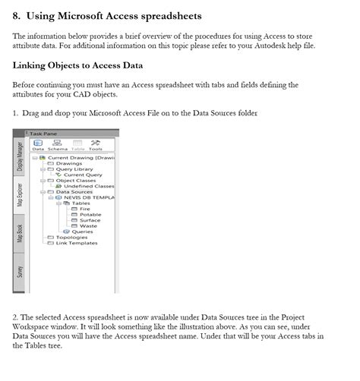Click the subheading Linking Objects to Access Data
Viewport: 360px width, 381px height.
point(78,65)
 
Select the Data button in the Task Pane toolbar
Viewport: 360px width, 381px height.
point(37,146)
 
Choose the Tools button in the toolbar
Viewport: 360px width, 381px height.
point(96,146)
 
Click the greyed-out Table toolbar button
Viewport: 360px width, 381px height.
point(77,146)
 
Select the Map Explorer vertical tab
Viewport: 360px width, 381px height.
point(20,194)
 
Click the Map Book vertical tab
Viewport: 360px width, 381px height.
point(20,233)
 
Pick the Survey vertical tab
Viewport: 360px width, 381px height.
point(20,270)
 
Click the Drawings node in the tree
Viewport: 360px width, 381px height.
point(68,163)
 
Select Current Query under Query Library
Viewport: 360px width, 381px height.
point(83,175)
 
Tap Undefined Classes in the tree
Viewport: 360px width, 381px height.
point(88,186)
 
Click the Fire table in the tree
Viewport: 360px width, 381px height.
point(84,209)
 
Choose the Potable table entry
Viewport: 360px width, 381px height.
point(90,215)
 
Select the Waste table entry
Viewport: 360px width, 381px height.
point(88,226)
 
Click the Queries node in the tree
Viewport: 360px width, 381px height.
point(82,231)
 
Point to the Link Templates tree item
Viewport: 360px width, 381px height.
point(76,243)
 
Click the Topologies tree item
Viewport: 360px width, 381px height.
point(71,238)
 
